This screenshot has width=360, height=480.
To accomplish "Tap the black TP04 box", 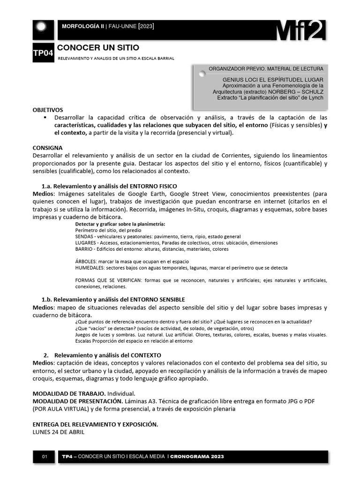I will point(43,54).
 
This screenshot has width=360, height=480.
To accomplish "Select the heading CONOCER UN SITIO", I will point(98,48).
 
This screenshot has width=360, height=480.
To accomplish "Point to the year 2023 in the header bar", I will point(145,26).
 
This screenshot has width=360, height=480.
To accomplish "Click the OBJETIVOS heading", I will point(47,110).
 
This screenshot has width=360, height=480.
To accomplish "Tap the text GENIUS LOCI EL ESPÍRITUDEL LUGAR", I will point(273,80).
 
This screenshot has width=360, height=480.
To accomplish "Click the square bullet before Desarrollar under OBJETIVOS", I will point(45,117).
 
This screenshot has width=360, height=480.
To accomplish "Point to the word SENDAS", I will point(84,237).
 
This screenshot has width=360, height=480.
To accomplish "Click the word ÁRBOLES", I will point(86,261).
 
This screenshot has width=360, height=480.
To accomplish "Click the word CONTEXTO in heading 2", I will point(145,355).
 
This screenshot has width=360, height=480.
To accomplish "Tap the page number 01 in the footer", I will point(45,457).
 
